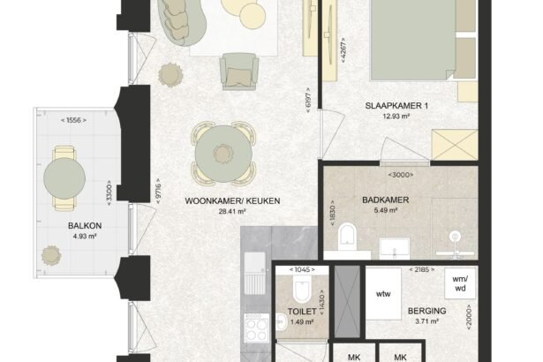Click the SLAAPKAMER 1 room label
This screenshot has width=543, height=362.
point(396,106)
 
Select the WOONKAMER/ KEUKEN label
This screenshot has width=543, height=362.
point(232,201)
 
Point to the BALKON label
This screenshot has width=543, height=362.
point(85,226)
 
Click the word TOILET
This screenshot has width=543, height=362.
point(302,312)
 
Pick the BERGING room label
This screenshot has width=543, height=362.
point(427,311)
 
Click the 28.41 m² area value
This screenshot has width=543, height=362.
point(232,211)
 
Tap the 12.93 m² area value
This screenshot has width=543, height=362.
point(396,116)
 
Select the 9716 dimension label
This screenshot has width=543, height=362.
point(158,191)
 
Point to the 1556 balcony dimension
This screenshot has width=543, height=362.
point(73,120)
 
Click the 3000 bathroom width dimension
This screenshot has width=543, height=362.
point(401,175)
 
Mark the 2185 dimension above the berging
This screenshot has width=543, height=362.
point(422,269)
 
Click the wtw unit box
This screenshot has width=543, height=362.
point(383,294)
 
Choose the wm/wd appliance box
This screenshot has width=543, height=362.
point(460,283)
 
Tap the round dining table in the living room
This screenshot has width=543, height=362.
point(223,154)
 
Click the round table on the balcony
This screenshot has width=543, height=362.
point(64,178)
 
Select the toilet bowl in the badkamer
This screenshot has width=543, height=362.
point(347,237)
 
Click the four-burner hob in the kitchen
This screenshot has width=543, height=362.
point(257,328)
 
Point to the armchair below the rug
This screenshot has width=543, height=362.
point(239,72)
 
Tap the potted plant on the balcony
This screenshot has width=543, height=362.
point(51,256)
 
